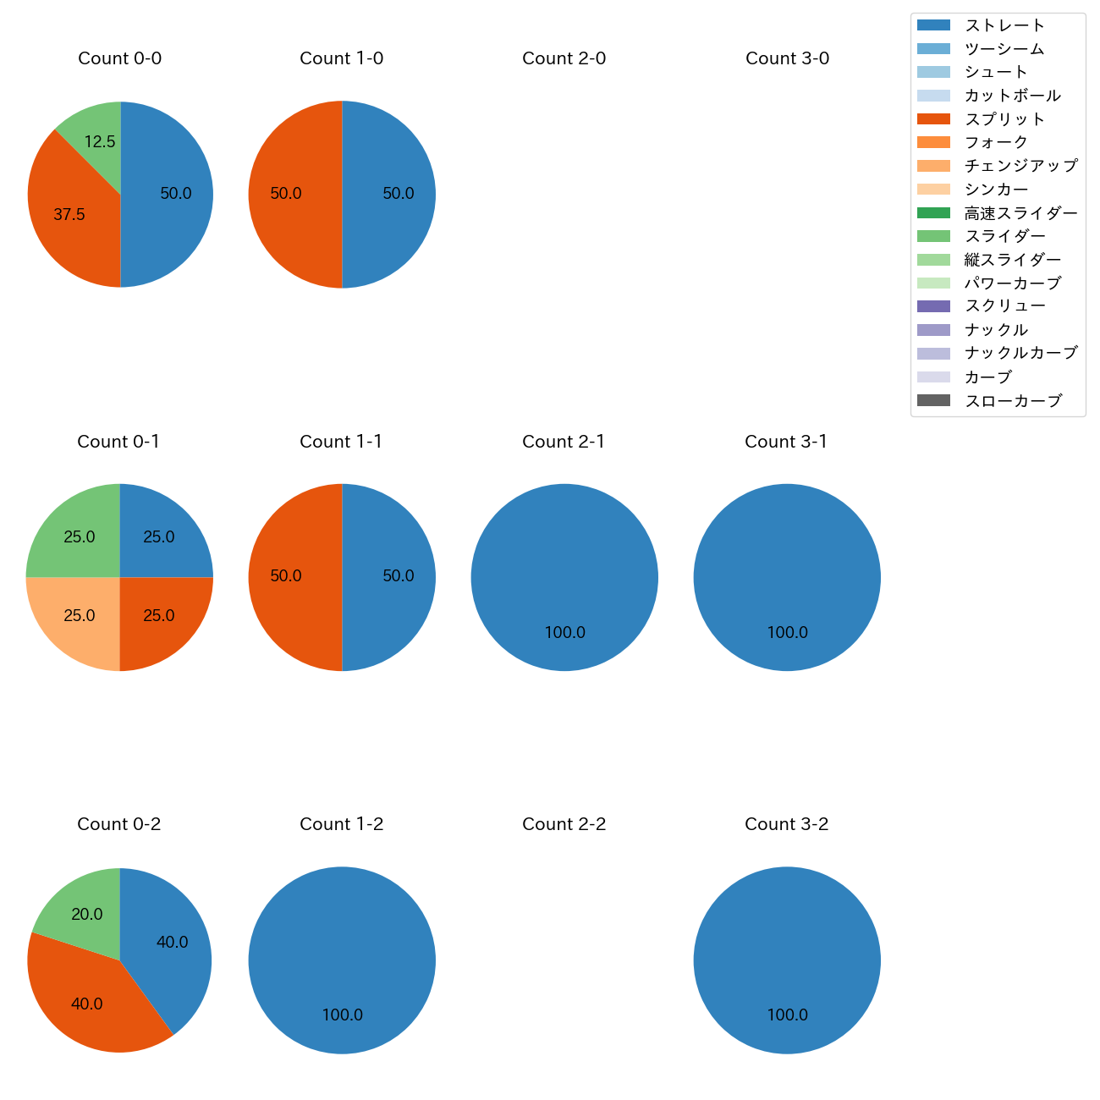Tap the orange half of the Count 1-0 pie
click(292, 195)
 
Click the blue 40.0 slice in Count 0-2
click(169, 939)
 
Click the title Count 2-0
click(564, 58)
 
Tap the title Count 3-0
click(787, 58)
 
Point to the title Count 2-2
click(564, 824)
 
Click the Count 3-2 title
click(786, 824)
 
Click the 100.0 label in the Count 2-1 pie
click(564, 632)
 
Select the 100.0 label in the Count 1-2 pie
click(342, 1015)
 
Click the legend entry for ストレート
click(1004, 25)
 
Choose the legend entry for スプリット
click(1004, 119)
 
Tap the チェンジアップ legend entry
click(1020, 166)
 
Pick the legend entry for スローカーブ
click(1013, 401)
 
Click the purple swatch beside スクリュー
click(933, 306)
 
